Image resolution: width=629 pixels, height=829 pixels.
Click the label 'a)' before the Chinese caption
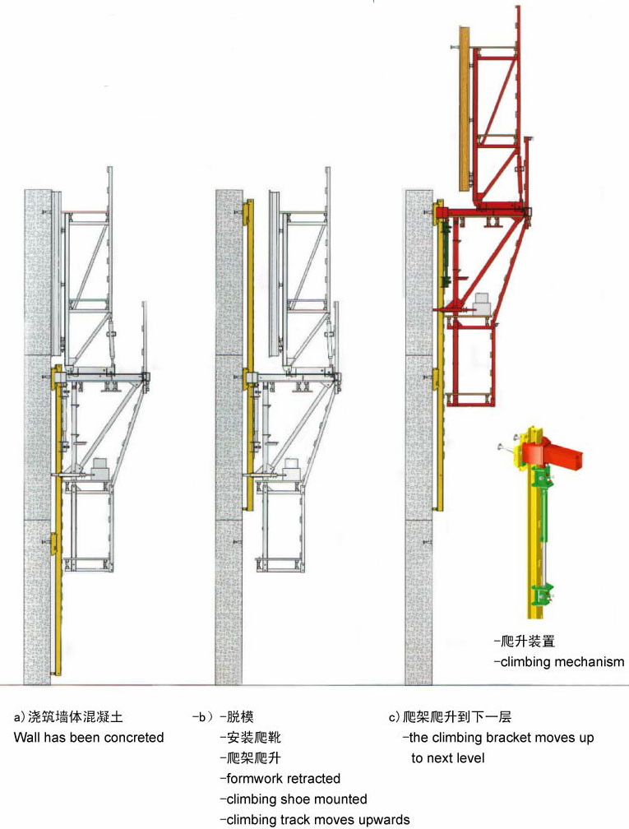click(19, 717)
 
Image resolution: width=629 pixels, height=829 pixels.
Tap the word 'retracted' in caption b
click(312, 778)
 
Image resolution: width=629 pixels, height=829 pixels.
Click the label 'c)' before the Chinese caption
click(395, 717)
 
